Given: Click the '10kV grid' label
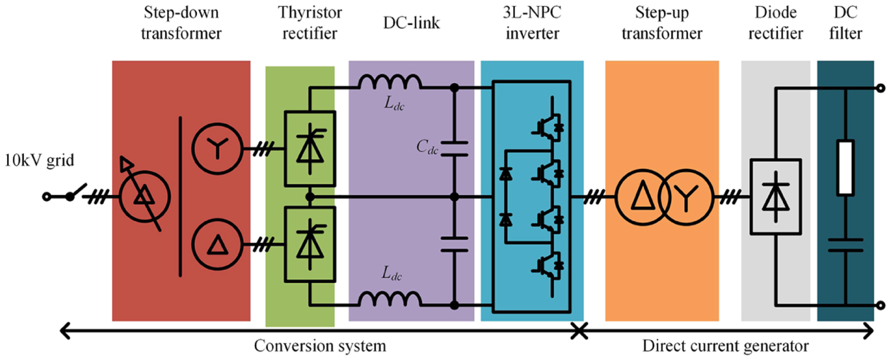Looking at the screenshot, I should (39, 161).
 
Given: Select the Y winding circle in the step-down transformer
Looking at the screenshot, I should (217, 149).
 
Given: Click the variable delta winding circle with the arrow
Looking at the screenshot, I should (144, 196).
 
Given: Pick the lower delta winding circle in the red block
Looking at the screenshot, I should (217, 245).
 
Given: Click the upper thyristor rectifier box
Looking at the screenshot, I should (310, 149).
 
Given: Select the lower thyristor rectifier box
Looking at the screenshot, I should (310, 244).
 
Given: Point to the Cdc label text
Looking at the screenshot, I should (427, 147).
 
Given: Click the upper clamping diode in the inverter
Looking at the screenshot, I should (505, 174).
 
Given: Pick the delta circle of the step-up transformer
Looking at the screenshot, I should (643, 197).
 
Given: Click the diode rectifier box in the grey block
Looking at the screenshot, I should (776, 197).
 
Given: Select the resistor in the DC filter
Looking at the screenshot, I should (846, 168).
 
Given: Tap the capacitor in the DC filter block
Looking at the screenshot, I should (846, 245).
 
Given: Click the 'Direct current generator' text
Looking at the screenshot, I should (725, 346).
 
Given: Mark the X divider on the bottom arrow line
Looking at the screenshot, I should (579, 330).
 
